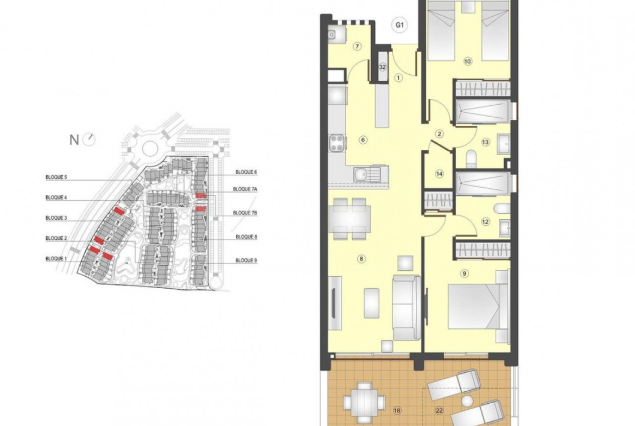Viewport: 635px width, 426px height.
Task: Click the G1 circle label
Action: pyautogui.click(x=399, y=25)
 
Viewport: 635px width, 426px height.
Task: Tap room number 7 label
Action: pyautogui.click(x=357, y=46)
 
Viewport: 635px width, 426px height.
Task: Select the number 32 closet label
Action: pyautogui.click(x=382, y=67)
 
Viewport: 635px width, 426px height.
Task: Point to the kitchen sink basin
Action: pyautogui.click(x=359, y=175)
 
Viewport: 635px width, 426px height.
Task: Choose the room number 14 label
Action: pyautogui.click(x=440, y=174)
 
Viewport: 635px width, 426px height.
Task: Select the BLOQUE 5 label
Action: pyautogui.click(x=56, y=177)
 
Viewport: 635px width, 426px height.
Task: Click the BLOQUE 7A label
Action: pyautogui.click(x=245, y=189)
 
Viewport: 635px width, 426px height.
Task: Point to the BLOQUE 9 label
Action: pyautogui.click(x=246, y=261)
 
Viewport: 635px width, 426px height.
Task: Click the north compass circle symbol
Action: pyautogui.click(x=88, y=139)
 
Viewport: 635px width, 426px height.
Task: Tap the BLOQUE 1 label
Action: pyautogui.click(x=56, y=258)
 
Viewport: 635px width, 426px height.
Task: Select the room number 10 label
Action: pyautogui.click(x=467, y=61)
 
